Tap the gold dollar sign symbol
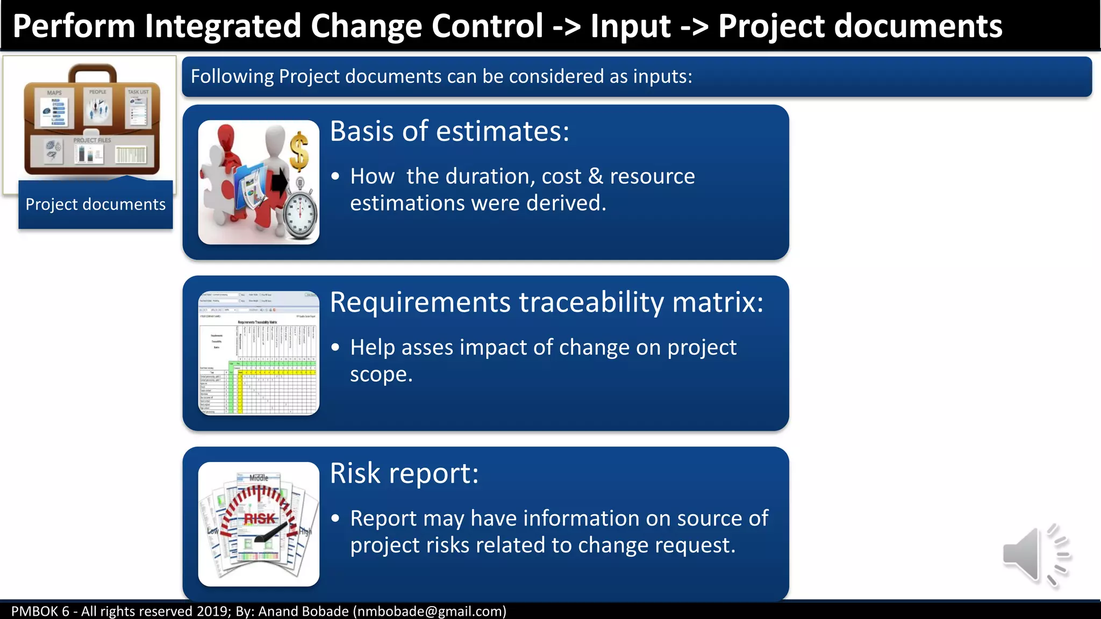299,152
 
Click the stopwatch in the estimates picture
301,212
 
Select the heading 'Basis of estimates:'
449,131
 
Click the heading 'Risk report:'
404,473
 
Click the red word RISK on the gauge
260,519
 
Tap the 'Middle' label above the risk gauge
259,478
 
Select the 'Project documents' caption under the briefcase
96,205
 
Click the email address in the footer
430,611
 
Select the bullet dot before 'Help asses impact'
335,348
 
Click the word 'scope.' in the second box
381,375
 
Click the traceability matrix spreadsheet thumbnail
259,353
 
